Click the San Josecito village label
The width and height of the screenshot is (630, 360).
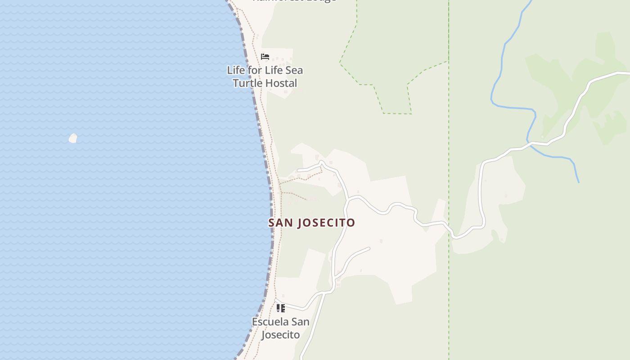[311, 223]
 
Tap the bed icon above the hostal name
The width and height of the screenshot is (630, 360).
[265, 57]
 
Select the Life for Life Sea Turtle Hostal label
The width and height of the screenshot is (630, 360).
[265, 76]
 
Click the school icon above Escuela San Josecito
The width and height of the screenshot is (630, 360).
[281, 308]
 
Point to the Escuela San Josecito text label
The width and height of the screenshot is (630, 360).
[280, 328]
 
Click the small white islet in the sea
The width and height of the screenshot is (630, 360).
[73, 138]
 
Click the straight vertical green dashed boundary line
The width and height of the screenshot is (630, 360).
[449, 135]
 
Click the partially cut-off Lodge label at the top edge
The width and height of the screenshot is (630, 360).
[295, 1]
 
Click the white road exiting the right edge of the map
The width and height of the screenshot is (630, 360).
[623, 72]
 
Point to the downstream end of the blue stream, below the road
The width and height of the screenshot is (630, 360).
[578, 181]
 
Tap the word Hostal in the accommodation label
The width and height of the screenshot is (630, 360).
[281, 83]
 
